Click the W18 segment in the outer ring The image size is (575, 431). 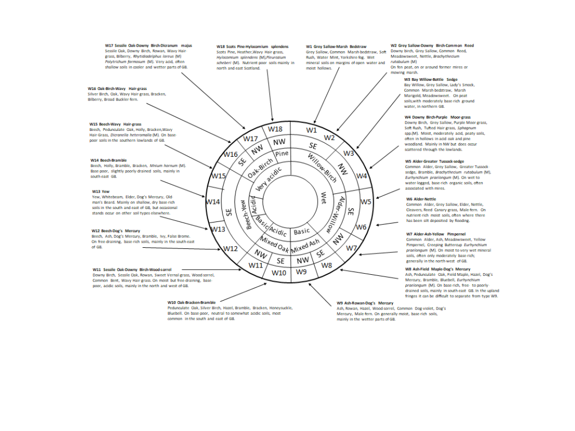click(x=275, y=129)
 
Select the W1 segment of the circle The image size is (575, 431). click(x=311, y=130)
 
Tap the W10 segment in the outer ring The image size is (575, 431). click(x=279, y=273)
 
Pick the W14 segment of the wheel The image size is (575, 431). click(x=213, y=201)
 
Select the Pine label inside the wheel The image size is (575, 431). click(x=282, y=153)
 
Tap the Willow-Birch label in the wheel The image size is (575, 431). click(x=323, y=168)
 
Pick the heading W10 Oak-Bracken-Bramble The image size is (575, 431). click(x=191, y=302)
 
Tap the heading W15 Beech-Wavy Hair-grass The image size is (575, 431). click(x=115, y=124)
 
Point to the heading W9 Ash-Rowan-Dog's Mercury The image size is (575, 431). click(x=365, y=303)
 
